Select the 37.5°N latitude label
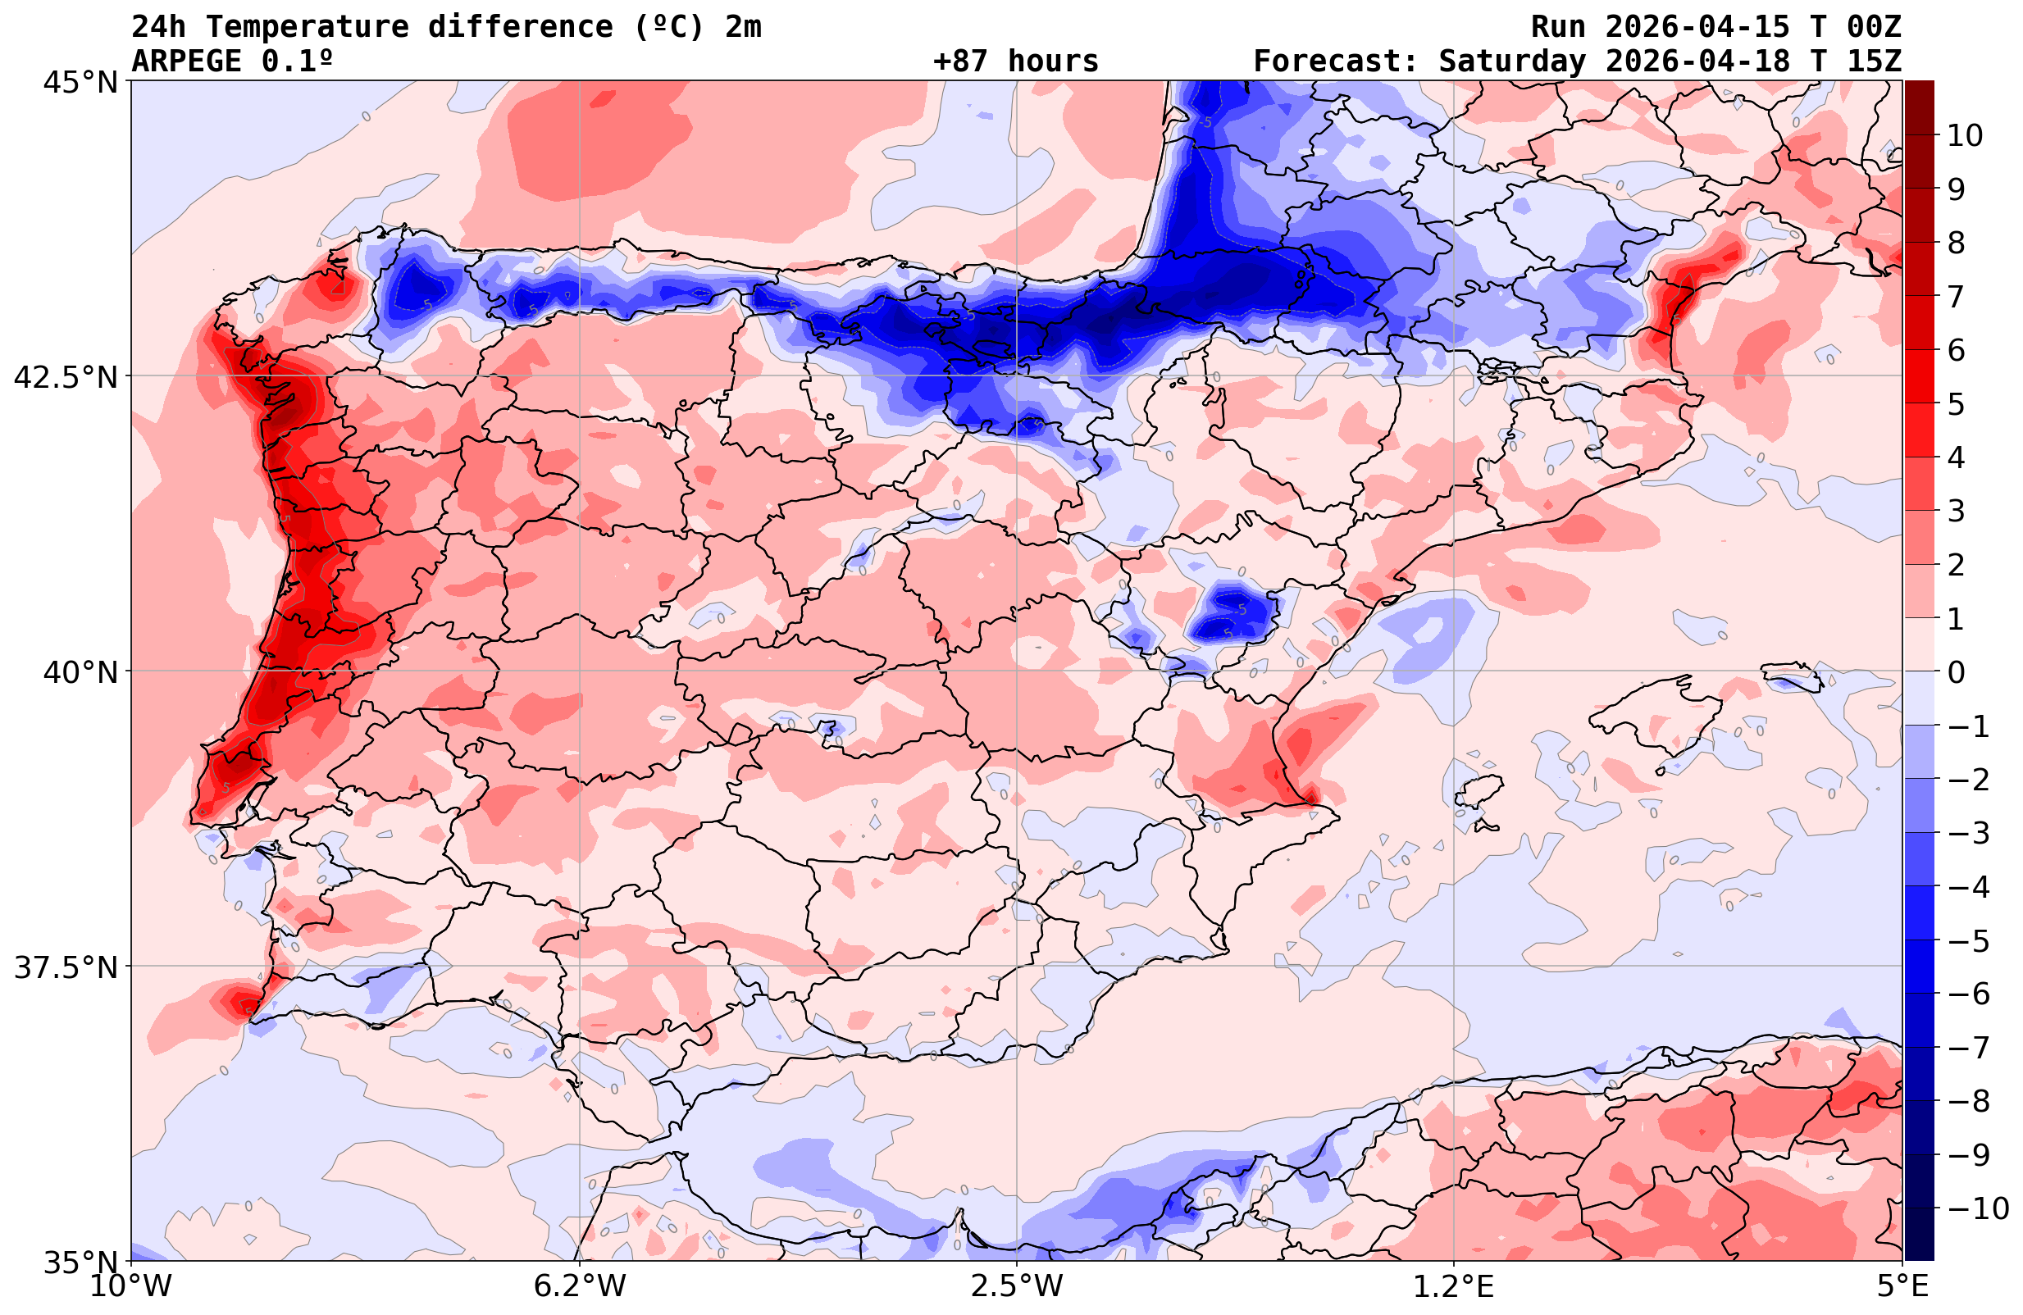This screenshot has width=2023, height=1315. [66, 968]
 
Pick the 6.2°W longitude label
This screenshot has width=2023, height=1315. [579, 1286]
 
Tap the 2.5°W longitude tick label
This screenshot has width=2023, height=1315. [1017, 1286]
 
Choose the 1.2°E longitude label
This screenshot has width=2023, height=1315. [1455, 1286]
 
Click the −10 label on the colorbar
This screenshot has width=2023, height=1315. [1978, 1208]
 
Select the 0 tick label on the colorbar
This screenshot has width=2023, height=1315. [1956, 672]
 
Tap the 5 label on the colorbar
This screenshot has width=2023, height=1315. [1956, 404]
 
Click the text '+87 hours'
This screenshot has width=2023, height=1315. [1016, 61]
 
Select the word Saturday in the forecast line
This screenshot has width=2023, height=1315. [1512, 61]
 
